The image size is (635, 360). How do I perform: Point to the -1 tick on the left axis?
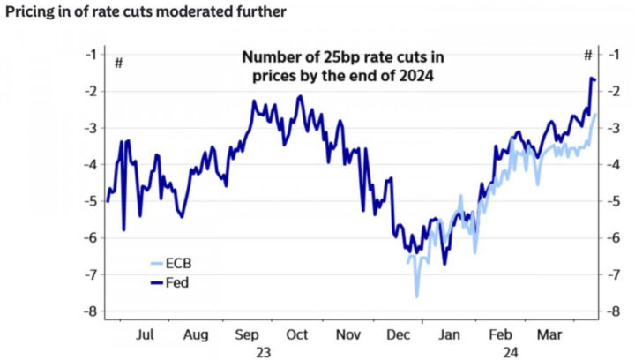(x=89, y=54)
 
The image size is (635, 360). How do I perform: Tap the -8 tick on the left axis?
(x=89, y=311)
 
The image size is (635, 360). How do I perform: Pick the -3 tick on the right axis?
(x=609, y=128)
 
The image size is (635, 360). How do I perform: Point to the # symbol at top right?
(x=587, y=56)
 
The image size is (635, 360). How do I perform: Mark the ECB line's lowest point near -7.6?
(x=417, y=296)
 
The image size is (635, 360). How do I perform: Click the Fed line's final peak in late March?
(x=591, y=79)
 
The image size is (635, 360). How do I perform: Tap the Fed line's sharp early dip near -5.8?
(x=123, y=230)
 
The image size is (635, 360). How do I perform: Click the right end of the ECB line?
(x=595, y=114)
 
